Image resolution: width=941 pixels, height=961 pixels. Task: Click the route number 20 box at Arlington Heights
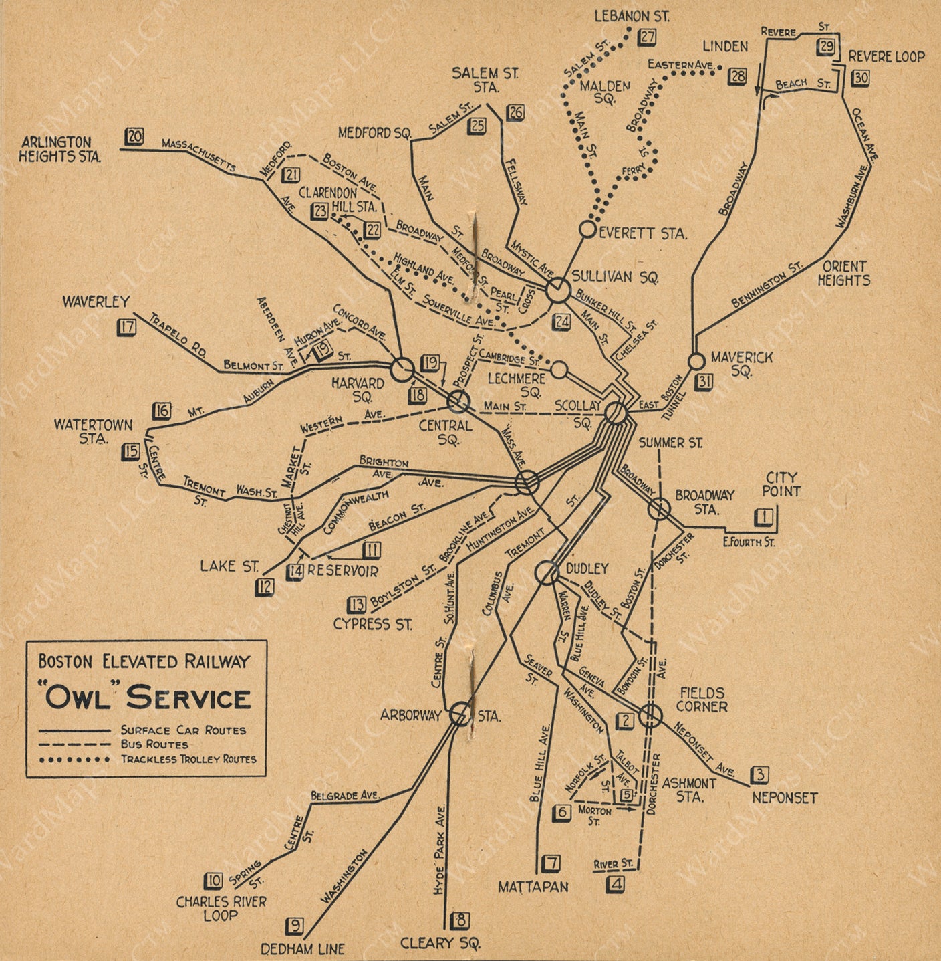click(x=134, y=137)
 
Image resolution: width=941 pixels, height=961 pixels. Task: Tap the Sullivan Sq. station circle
click(x=557, y=290)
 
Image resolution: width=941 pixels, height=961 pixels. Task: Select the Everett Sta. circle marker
click(x=587, y=229)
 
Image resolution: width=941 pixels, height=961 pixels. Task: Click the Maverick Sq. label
click(x=741, y=364)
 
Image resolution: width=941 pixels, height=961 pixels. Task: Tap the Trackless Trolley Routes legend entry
click(x=188, y=759)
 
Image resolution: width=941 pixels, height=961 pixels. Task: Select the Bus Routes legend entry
click(x=154, y=744)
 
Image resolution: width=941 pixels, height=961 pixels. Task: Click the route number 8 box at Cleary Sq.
click(x=460, y=921)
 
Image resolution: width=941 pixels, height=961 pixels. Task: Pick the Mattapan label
click(x=533, y=887)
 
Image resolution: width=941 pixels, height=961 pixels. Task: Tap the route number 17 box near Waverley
click(x=126, y=327)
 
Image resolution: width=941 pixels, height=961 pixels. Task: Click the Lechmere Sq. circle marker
click(x=559, y=370)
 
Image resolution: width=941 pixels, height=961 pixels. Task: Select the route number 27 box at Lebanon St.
click(x=647, y=37)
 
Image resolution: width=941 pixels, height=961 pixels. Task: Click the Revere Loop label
click(x=886, y=58)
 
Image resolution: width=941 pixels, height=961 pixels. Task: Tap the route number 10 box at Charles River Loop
click(x=213, y=881)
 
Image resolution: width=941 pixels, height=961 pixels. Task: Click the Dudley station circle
click(x=547, y=573)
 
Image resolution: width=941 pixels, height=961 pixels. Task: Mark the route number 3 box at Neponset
click(x=759, y=775)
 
